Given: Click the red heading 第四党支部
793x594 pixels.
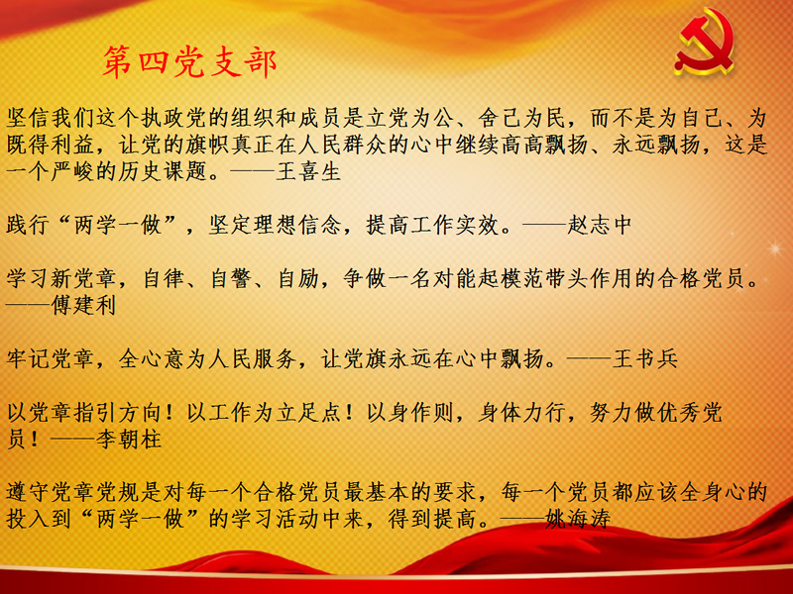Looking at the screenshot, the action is pos(189,62).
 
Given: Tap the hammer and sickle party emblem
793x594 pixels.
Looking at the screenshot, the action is pos(705,42).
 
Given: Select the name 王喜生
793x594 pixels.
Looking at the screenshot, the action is pos(309,171).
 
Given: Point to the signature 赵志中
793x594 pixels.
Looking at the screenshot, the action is pos(600,226).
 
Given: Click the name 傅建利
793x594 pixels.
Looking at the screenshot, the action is pos(84,305).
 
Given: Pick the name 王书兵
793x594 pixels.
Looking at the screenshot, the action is pos(645,358).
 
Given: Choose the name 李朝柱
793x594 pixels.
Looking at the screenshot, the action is pos(129,439).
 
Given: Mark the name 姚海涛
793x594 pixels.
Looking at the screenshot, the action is pos(578,518).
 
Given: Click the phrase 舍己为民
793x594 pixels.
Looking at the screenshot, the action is pos(522,118).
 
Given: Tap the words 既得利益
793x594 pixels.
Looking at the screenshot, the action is pos(51,145).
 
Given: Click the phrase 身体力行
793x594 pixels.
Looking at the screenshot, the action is pos(522,412).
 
